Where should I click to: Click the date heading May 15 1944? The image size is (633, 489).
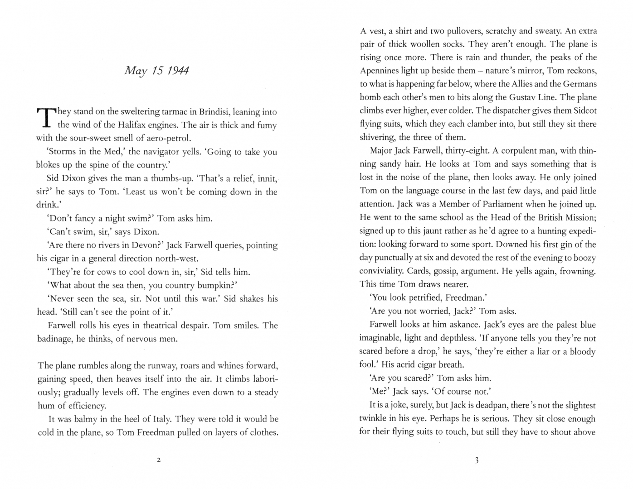tap(156, 71)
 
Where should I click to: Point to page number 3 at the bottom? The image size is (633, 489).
tap(477, 460)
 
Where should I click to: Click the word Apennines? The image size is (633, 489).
tap(379, 71)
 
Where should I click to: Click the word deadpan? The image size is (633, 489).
tap(489, 405)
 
